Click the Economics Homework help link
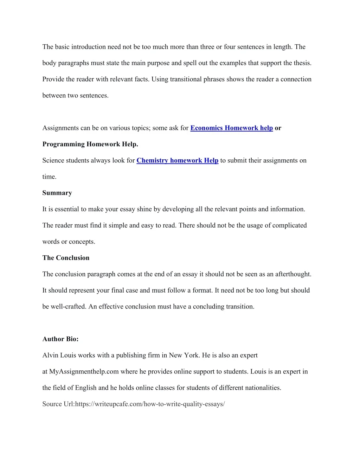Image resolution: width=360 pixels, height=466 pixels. tap(231, 128)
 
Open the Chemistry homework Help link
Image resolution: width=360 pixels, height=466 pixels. tap(177, 160)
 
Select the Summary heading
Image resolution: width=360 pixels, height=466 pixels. tap(57, 193)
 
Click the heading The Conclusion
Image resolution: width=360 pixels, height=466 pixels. tap(66, 258)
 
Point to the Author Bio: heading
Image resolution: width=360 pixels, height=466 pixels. tap(60, 339)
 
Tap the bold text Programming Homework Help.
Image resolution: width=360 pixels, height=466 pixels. tap(90, 144)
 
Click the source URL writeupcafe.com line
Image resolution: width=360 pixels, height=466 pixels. tap(134, 404)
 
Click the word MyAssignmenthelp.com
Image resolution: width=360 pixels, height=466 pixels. tap(84, 372)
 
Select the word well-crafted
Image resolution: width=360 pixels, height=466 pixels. tap(68, 307)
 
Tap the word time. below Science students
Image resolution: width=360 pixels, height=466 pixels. tap(49, 177)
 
